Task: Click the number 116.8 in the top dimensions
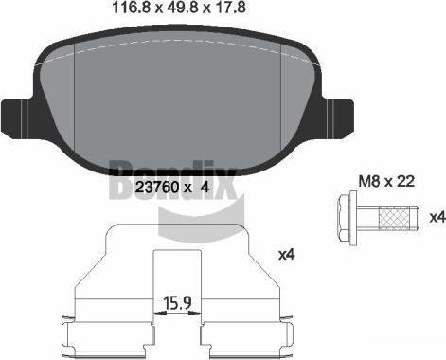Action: tap(132, 8)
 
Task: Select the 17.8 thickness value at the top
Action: tap(229, 8)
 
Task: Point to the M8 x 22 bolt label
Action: tap(386, 182)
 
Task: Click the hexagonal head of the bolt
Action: tap(344, 218)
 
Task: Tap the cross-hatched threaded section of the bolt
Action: tap(397, 218)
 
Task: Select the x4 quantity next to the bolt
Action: tap(437, 217)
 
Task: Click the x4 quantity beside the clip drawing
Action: tap(287, 255)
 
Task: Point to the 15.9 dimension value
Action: tap(178, 303)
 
